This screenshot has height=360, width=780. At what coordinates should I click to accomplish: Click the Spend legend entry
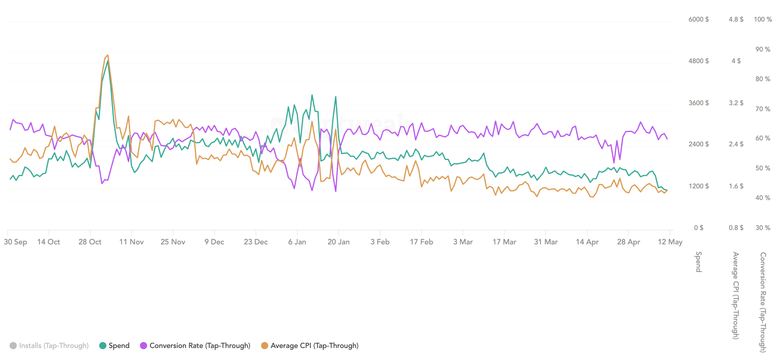click(114, 346)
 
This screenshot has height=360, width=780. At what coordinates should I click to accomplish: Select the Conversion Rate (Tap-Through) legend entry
click(195, 346)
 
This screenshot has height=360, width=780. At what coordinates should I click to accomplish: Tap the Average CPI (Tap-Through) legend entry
click(310, 346)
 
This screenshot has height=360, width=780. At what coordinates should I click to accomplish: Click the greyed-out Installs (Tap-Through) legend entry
click(49, 346)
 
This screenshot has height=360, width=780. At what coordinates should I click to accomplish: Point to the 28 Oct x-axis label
click(90, 242)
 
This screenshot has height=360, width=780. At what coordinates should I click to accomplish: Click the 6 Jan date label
click(297, 242)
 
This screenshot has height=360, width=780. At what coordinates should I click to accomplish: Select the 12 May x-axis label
click(670, 242)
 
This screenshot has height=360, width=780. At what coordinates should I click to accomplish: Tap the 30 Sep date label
click(16, 242)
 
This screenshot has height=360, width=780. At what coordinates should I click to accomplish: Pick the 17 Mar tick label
click(504, 242)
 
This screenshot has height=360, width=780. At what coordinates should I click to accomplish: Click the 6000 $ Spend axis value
click(699, 19)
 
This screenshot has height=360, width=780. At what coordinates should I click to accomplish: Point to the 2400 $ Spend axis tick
click(699, 144)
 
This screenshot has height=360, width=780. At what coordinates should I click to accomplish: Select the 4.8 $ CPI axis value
click(736, 19)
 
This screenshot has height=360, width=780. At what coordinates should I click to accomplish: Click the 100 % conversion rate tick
click(763, 19)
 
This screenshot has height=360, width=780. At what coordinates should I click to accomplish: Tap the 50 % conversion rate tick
click(763, 168)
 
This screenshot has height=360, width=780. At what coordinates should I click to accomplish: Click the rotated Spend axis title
click(698, 262)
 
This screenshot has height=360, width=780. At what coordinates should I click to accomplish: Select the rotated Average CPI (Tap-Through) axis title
click(736, 296)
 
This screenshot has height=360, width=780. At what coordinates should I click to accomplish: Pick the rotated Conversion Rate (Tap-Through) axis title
click(763, 302)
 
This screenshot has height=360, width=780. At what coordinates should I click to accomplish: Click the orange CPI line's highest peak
click(108, 55)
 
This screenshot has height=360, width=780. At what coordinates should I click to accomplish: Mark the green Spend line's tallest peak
click(108, 61)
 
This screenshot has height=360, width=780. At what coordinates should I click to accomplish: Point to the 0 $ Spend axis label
click(699, 228)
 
